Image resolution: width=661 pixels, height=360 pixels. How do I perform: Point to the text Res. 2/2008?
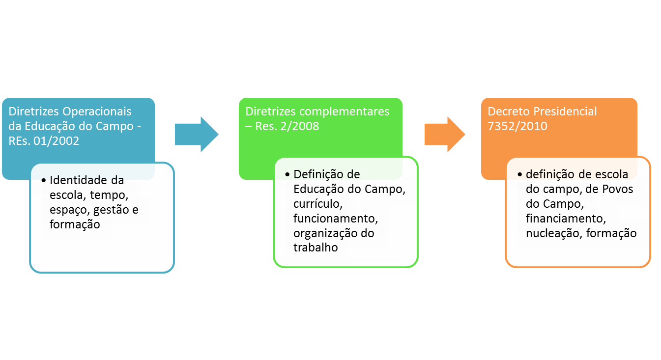coord(287,126)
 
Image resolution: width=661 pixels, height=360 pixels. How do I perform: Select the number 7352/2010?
coord(517,126)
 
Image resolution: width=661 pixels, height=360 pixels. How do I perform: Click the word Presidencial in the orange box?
coord(565,111)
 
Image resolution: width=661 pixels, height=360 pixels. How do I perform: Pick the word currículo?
coord(315,203)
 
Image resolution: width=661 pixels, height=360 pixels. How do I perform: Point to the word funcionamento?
coord(335,218)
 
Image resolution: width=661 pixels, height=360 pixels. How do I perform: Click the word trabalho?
coord(316,248)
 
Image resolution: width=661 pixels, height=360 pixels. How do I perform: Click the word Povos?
coord(619,189)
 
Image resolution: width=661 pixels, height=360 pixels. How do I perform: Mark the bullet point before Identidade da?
coord(44,181)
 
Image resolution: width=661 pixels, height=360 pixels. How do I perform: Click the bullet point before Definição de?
coord(287,174)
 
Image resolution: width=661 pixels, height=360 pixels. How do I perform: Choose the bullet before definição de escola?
coord(520,174)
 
